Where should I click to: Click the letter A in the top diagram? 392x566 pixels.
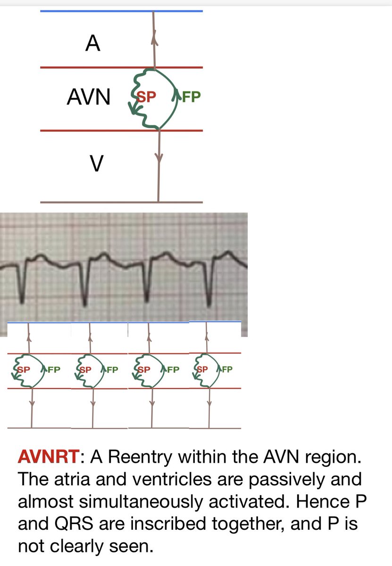[x=93, y=44]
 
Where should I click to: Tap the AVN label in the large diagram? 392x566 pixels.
[x=89, y=98]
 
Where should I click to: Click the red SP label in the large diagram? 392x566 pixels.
[x=146, y=97]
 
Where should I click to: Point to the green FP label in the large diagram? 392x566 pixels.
[x=192, y=97]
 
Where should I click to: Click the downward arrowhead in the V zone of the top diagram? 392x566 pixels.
[x=159, y=159]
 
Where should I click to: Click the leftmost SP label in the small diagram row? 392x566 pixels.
[x=22, y=369]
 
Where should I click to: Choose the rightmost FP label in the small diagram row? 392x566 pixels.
[x=226, y=369]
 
